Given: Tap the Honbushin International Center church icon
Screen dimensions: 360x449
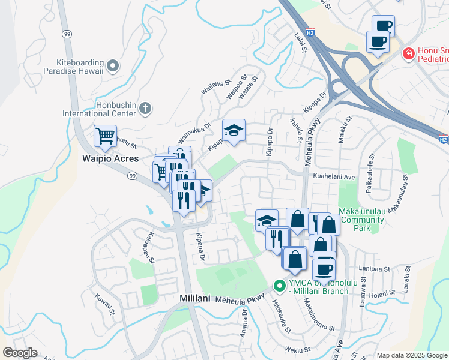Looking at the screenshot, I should (x=145, y=109).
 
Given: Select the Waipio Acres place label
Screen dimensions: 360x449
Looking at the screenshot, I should (x=111, y=159).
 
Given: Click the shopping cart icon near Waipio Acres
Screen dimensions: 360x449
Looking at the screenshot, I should (x=105, y=136).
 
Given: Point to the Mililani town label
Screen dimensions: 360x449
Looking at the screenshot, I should (x=196, y=298).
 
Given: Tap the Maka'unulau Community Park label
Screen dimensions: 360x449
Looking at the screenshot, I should (x=361, y=220).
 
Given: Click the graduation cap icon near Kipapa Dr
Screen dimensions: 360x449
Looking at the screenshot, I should (x=234, y=130).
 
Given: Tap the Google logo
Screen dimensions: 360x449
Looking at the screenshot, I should (x=20, y=353).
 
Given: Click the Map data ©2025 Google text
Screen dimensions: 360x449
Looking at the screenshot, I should (x=412, y=355).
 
